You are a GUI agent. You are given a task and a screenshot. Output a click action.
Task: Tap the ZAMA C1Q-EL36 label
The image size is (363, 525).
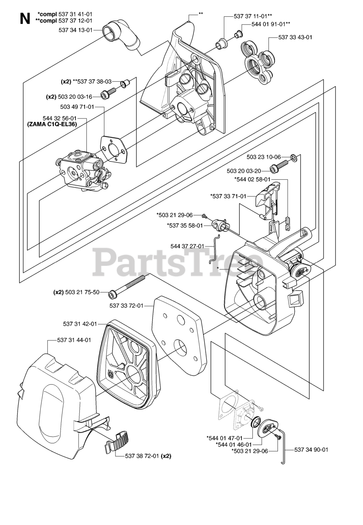click(52, 123)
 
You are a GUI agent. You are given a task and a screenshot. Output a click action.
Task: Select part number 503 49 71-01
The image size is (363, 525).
click(77, 107)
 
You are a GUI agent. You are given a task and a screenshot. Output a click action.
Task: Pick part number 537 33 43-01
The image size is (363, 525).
click(295, 37)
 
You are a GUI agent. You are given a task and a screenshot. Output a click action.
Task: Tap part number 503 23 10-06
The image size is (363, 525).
click(264, 157)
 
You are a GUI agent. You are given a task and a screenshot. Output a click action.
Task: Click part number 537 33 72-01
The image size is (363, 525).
click(126, 305)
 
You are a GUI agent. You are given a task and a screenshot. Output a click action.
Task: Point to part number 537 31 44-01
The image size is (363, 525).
click(74, 340)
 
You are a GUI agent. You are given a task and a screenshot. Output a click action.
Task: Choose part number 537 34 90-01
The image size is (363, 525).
click(311, 450)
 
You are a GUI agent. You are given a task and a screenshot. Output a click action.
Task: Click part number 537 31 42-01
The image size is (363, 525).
click(80, 324)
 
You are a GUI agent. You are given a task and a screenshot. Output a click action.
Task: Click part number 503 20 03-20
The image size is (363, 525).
click(243, 171)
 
